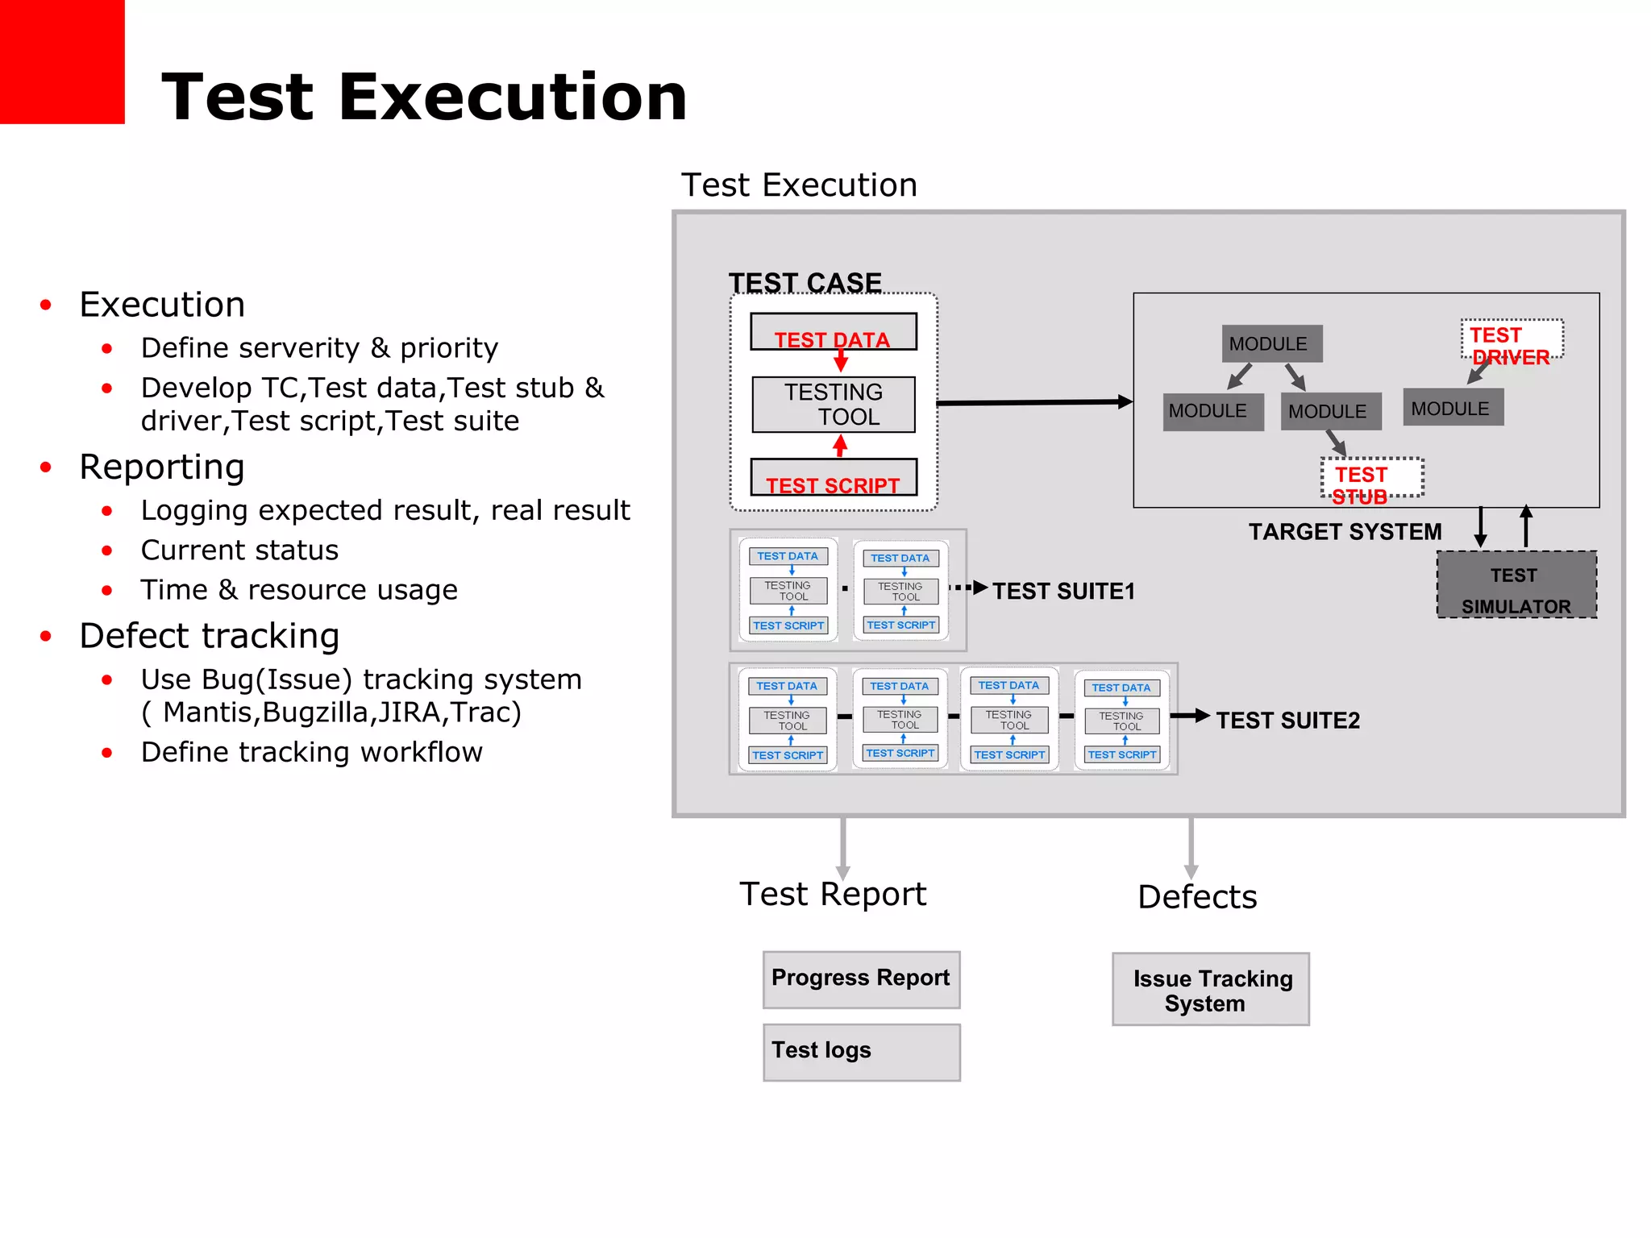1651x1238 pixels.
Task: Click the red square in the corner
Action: point(61,61)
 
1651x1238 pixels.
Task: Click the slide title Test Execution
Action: point(424,98)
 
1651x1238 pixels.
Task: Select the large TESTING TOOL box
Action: point(834,405)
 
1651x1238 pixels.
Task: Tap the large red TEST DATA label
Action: point(833,339)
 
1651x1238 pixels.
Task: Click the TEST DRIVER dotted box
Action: point(1512,341)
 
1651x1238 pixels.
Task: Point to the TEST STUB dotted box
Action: point(1371,479)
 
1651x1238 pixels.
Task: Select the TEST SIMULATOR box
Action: point(1516,586)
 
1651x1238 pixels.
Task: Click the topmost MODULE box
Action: point(1271,344)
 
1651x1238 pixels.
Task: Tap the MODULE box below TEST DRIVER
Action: point(1453,408)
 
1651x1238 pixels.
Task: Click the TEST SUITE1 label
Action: point(1063,592)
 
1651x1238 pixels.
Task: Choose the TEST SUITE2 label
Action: point(1287,721)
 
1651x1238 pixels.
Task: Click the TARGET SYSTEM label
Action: point(1345,532)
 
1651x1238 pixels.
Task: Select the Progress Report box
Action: point(861,979)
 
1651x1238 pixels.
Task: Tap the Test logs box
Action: point(861,1052)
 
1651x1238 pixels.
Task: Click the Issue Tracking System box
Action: point(1210,990)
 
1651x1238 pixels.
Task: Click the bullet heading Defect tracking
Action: point(210,636)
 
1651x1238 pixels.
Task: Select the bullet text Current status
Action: point(239,550)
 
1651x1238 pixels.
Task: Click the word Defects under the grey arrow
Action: point(1197,897)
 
